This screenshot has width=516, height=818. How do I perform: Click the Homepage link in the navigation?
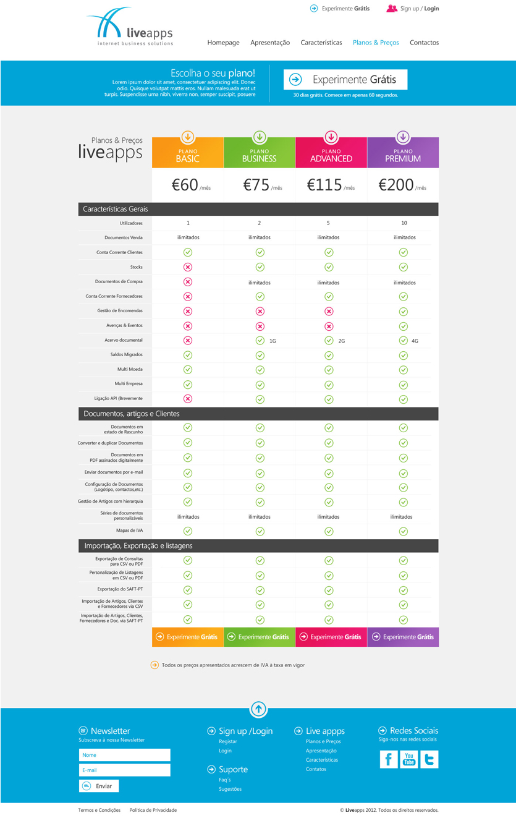(x=223, y=43)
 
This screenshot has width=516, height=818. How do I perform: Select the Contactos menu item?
(x=424, y=43)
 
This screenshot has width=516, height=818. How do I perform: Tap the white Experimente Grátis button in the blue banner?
(x=345, y=80)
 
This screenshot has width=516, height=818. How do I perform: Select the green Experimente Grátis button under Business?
(x=260, y=637)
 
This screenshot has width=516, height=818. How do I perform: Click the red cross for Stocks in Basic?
(x=188, y=267)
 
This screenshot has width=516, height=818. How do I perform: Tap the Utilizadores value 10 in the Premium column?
(x=404, y=223)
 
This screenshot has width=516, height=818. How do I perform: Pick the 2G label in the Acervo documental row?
(x=341, y=341)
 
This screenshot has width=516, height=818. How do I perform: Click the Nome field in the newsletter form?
(x=124, y=755)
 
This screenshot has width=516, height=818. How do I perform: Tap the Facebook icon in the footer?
(x=389, y=759)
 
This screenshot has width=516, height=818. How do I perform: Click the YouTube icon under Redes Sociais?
(x=409, y=759)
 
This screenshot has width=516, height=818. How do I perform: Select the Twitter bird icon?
(x=429, y=759)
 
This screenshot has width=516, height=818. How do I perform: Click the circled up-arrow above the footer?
(x=258, y=709)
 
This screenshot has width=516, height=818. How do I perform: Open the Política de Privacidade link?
(x=153, y=810)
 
